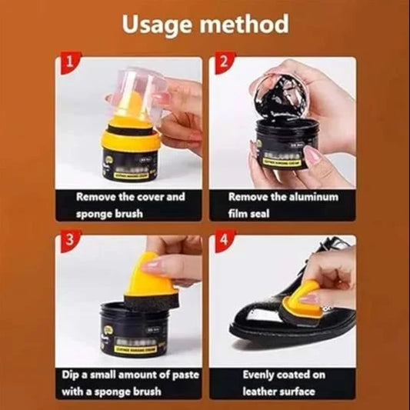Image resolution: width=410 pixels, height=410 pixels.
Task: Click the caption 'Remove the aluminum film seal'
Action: [x=284, y=205]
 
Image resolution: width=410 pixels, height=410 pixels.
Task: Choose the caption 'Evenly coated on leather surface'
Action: [x=284, y=383]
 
